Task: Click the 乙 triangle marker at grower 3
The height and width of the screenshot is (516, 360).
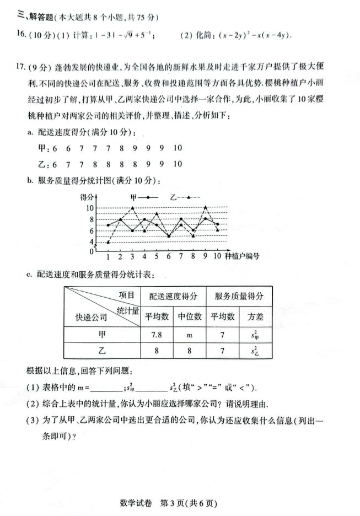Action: click(x=132, y=208)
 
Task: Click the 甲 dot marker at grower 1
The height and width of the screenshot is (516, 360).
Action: click(x=108, y=225)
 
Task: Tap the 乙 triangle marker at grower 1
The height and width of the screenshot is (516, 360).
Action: click(x=108, y=241)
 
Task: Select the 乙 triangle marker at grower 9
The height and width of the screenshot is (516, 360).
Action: click(x=205, y=208)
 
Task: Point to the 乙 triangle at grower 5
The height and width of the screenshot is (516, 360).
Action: click(x=157, y=214)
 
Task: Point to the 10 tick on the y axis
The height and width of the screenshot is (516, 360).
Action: click(x=90, y=208)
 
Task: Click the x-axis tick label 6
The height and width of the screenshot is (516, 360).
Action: click(x=169, y=256)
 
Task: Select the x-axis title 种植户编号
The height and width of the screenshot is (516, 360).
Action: click(x=243, y=256)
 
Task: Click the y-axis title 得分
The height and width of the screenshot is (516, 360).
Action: click(x=87, y=197)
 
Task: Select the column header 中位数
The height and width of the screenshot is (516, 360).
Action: click(x=189, y=316)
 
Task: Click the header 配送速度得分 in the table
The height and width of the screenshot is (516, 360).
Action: click(x=173, y=296)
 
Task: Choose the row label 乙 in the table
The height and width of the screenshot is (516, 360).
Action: click(x=102, y=351)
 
